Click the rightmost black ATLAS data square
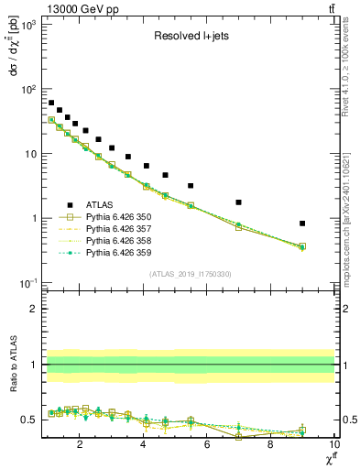[302, 223]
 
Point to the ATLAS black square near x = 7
[238, 202]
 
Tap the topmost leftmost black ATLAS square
[51, 103]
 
